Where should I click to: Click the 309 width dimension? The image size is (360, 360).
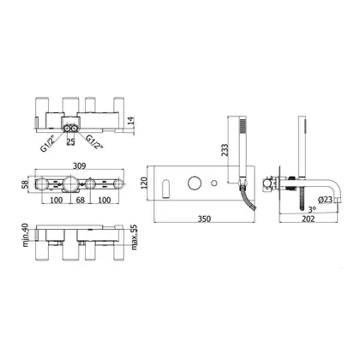80,165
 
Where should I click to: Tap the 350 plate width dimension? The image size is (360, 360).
204,219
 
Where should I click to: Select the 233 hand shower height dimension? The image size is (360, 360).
225,150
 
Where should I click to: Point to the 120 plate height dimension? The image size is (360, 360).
144,183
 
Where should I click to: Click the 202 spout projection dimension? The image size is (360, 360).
309,219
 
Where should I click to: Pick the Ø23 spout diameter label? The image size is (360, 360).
325,200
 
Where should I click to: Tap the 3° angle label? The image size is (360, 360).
312,210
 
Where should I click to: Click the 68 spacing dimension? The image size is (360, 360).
81,200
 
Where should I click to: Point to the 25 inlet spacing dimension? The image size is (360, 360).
70,142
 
